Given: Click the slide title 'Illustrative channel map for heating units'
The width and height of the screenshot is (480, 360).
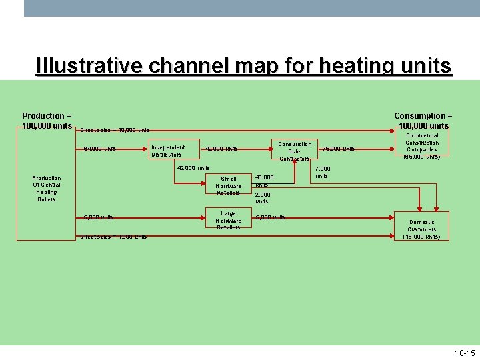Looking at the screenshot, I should click(x=244, y=67).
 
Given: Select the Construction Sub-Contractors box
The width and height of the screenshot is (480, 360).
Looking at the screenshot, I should click(x=295, y=151).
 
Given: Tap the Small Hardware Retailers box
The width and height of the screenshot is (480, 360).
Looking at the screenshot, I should click(x=229, y=185).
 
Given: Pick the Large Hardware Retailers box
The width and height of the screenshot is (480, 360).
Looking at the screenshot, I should click(x=229, y=221).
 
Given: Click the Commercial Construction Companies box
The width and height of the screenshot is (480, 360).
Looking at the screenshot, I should click(x=422, y=146).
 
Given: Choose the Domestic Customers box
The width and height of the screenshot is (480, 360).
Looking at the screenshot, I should click(x=422, y=229).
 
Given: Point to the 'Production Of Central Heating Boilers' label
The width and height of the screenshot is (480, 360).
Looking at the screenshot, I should click(x=47, y=189).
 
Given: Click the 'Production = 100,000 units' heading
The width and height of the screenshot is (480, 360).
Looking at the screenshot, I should click(x=47, y=121).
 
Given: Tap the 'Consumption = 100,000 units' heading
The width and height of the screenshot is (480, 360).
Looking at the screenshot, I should click(x=423, y=121).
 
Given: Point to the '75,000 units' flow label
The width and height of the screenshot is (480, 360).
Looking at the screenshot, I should click(x=339, y=148).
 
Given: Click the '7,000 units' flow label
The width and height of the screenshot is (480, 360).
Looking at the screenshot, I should click(x=321, y=173).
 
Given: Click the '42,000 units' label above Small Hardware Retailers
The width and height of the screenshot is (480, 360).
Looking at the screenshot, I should click(x=193, y=168).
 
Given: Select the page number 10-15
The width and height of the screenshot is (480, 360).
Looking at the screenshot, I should click(x=464, y=353).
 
